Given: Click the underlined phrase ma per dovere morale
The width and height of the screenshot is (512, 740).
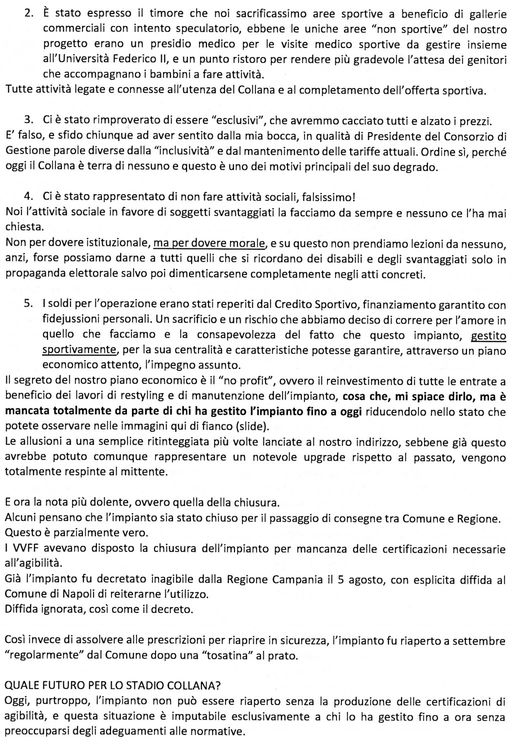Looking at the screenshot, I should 209,244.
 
